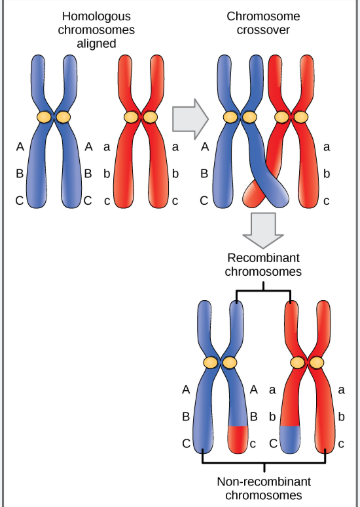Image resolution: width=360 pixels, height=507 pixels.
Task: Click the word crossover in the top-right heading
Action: coord(263,31)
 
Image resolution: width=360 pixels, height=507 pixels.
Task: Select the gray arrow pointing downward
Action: coord(263,229)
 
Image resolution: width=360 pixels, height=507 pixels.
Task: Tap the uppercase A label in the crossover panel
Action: coord(206,147)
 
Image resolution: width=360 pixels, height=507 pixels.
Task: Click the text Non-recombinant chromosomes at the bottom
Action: coord(265,487)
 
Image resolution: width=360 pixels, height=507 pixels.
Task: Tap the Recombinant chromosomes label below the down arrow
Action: coord(263,264)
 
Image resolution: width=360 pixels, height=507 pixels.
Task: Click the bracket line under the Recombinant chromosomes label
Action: coord(263,291)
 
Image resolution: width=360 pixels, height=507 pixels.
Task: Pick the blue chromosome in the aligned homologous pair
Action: coord(55,130)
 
